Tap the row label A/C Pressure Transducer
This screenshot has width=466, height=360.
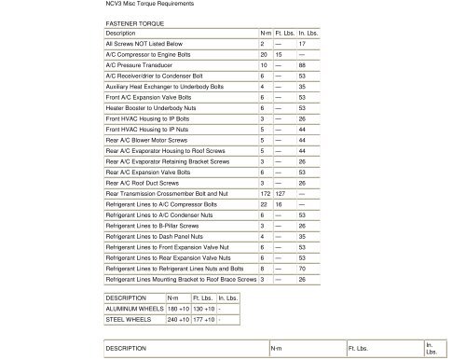pyautogui.click(x=145, y=65)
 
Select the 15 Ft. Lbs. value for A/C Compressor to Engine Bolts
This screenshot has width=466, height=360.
pyautogui.click(x=282, y=54)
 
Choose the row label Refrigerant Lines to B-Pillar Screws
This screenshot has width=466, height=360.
pyautogui.click(x=152, y=225)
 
